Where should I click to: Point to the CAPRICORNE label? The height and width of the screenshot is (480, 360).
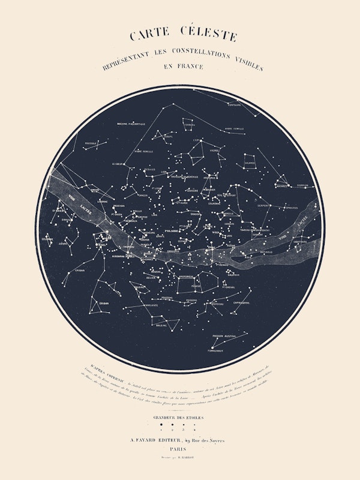242,303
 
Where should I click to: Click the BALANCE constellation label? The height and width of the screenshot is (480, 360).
250,163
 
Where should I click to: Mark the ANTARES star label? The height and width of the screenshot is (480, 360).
280,185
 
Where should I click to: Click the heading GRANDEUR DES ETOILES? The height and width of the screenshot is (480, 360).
179,417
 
